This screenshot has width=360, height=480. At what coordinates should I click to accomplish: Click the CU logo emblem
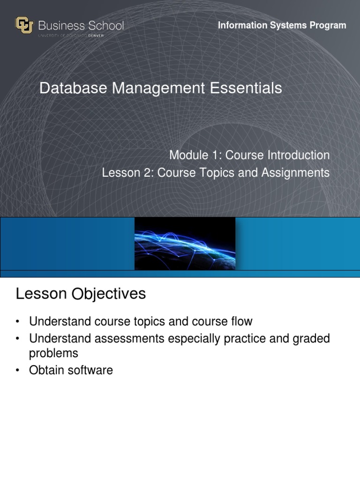24,25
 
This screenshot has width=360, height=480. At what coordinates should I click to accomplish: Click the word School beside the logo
103,25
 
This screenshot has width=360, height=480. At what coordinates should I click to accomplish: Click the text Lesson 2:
128,173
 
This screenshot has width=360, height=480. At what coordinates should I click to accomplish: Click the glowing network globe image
185,243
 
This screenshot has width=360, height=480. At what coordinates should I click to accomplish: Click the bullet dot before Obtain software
17,371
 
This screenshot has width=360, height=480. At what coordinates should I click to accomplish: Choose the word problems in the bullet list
53,353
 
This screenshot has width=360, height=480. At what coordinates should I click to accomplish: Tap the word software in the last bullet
90,370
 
